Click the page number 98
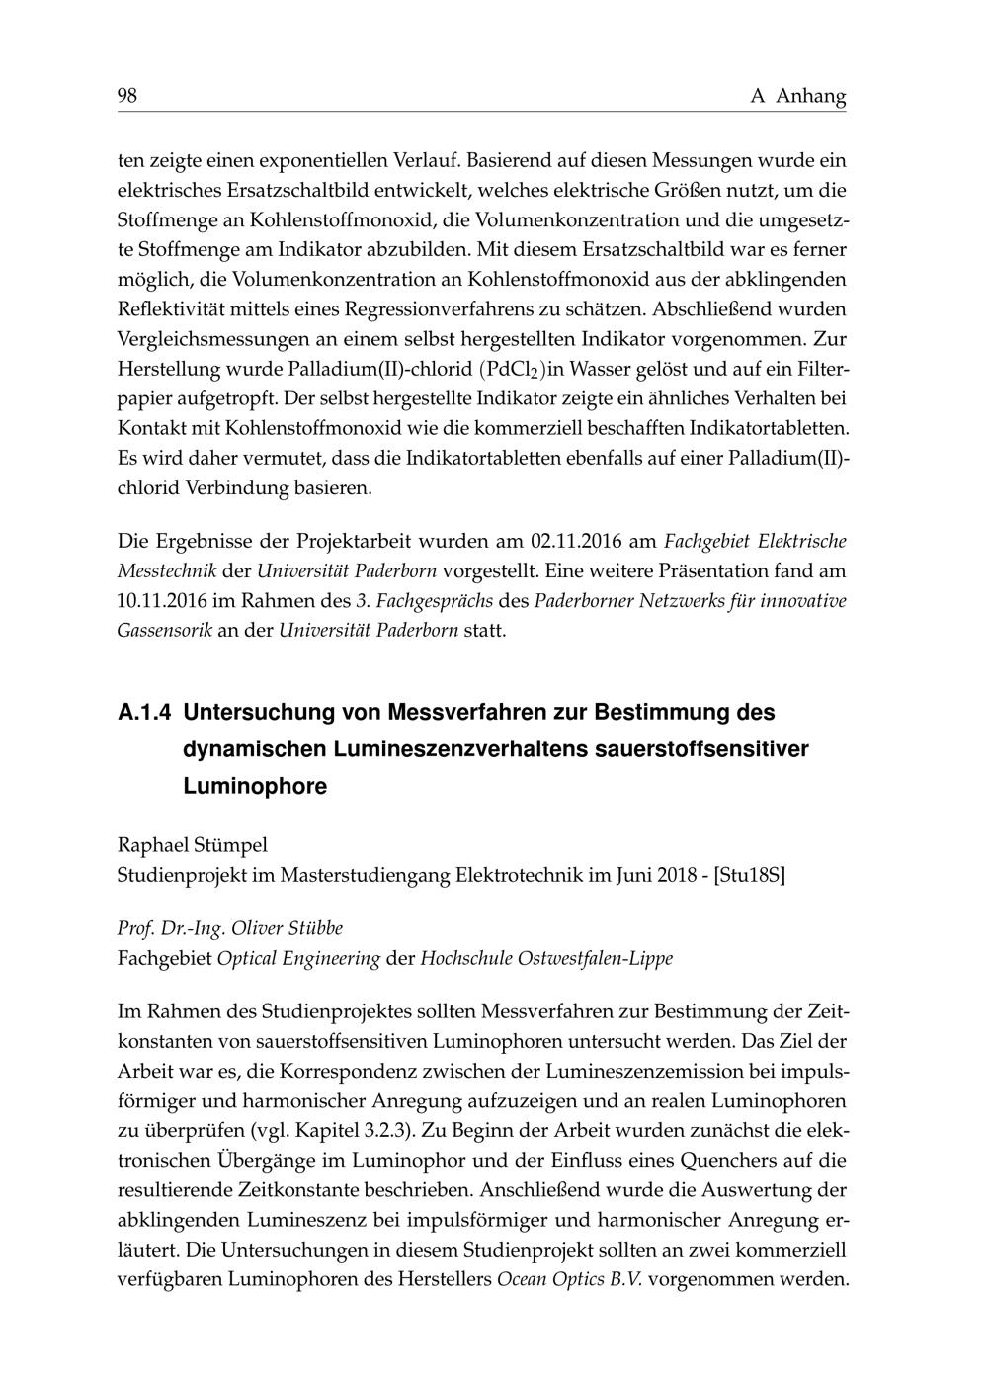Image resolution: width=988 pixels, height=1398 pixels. click(x=127, y=96)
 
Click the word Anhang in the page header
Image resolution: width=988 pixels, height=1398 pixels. click(x=811, y=97)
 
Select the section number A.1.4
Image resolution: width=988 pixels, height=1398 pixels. click(x=144, y=712)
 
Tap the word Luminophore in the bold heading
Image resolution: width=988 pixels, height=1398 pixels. click(x=255, y=787)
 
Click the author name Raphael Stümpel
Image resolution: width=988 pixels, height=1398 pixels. click(x=193, y=845)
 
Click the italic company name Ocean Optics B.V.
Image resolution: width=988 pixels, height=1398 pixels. click(x=569, y=1278)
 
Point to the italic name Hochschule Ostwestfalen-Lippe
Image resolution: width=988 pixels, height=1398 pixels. click(x=546, y=958)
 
